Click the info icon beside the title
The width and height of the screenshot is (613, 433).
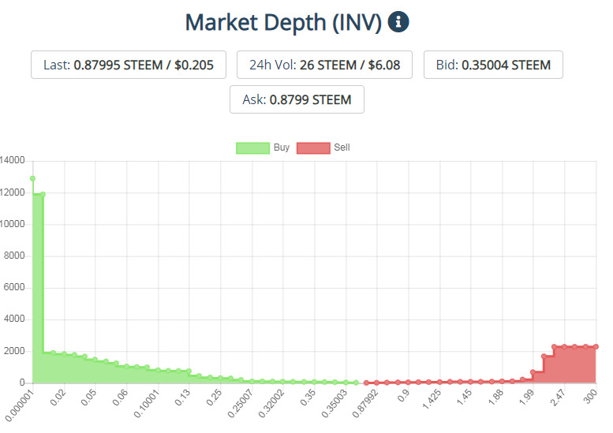(x=398, y=21)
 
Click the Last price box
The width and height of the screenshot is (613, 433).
(x=129, y=65)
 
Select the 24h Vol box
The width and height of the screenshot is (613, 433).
(x=324, y=65)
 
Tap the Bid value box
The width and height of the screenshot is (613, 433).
(x=493, y=65)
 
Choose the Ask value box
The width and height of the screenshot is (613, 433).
(x=297, y=99)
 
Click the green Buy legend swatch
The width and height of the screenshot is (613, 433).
(x=253, y=148)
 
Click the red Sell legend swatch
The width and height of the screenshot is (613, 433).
(x=313, y=148)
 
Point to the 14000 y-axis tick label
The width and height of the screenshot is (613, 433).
(x=12, y=160)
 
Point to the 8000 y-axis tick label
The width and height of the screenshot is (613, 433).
(x=14, y=256)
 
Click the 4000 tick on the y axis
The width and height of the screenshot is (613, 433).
(x=14, y=319)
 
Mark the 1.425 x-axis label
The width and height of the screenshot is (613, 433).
(x=432, y=399)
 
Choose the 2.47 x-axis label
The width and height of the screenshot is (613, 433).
(x=558, y=398)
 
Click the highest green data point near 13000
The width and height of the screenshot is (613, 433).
(x=33, y=178)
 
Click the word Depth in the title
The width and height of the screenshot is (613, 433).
(x=295, y=23)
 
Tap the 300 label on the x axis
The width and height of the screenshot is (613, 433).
(x=590, y=397)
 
